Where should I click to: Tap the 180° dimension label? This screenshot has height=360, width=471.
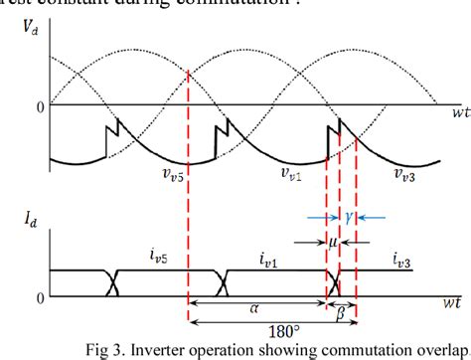[271, 330]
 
